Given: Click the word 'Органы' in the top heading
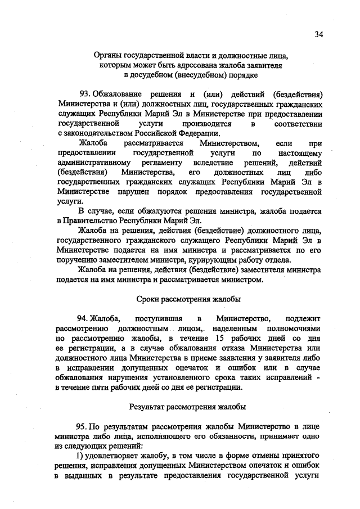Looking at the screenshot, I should coord(109,55).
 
